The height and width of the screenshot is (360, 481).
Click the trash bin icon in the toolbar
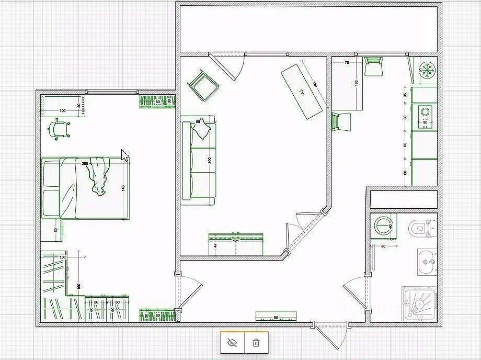tap(256, 343)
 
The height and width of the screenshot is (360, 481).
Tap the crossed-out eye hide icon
tap(233, 343)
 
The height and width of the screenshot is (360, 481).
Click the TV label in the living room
tap(302, 92)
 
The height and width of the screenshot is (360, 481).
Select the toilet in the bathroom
tap(420, 228)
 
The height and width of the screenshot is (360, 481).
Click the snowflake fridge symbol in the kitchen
tap(428, 70)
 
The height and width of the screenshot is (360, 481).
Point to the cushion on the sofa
tap(201, 130)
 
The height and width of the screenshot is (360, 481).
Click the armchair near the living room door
tap(202, 84)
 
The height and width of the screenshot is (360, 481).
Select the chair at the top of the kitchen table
tap(373, 66)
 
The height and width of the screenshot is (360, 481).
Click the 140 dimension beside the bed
tap(124, 188)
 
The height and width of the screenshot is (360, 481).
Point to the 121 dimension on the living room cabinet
tap(235, 241)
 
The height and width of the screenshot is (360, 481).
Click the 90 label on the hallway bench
tap(276, 318)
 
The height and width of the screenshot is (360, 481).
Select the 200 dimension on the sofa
tap(210, 160)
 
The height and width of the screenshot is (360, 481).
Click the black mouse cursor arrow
tap(125, 155)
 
